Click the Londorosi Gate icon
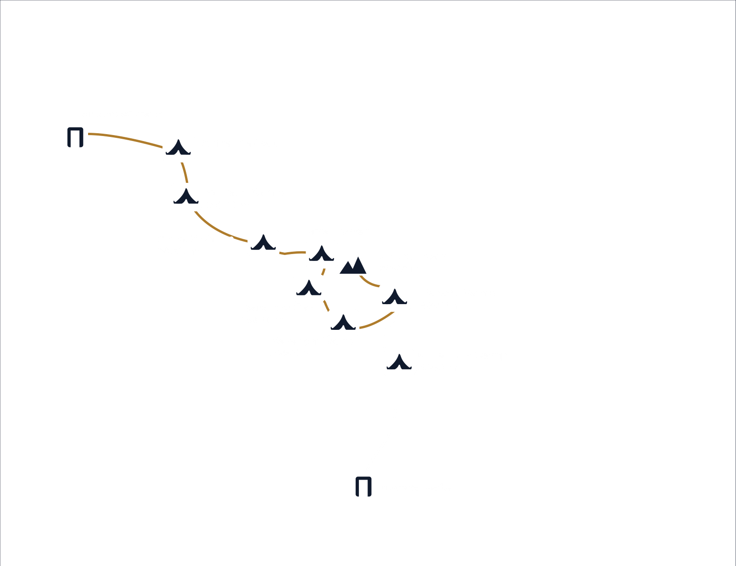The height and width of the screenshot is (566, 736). (75, 137)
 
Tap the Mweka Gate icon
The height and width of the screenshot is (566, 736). (363, 486)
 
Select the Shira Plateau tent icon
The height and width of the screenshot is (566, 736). (178, 148)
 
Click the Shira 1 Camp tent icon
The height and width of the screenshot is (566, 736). (186, 197)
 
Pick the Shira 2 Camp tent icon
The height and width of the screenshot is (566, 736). (263, 243)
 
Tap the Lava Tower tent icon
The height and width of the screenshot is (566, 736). (322, 254)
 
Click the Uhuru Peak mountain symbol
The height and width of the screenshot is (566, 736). (353, 265)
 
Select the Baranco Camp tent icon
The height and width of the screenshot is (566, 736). (309, 289)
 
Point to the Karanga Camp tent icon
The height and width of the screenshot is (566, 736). (343, 323)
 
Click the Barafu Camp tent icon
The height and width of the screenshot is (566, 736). (395, 297)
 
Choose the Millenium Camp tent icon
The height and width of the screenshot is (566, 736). (399, 362)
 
